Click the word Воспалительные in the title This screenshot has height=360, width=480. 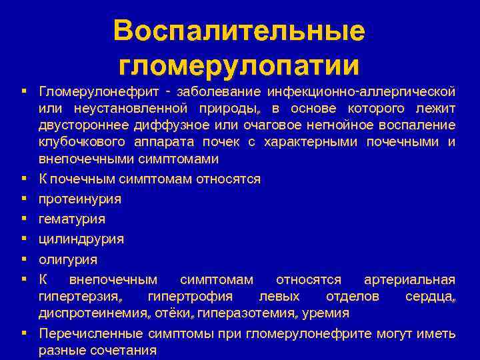coord(239,32)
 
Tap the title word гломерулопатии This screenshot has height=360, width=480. coord(239,65)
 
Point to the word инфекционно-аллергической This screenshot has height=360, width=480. coord(361,90)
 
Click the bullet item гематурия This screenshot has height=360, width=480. coord(72,219)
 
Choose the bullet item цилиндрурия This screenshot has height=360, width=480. coord(81,239)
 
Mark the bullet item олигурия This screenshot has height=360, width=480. coord(68,259)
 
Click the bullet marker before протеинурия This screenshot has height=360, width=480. coord(23,199)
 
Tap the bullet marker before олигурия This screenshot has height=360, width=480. coord(23,259)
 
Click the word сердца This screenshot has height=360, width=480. coord(430,296)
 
